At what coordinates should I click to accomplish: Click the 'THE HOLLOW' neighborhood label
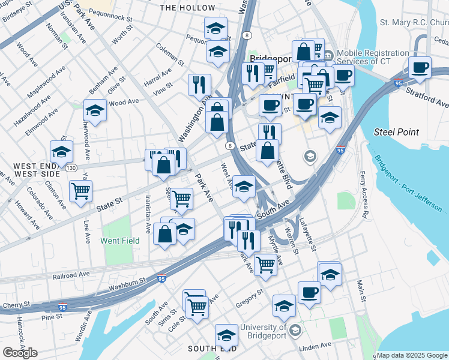coord(187,8)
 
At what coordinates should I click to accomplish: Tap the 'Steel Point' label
coord(396,131)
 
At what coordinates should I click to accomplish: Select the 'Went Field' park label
coord(119,241)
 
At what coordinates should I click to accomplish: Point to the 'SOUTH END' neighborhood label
coord(209,349)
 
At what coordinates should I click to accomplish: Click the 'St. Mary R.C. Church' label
coord(414,23)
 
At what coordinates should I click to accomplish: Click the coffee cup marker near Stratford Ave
coord(420,67)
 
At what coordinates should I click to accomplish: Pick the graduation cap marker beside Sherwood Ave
coord(94,111)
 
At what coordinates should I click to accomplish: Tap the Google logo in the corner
coord(20,353)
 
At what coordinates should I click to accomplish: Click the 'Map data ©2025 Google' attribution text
coord(412,355)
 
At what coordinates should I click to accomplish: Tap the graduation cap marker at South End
coord(226,334)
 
